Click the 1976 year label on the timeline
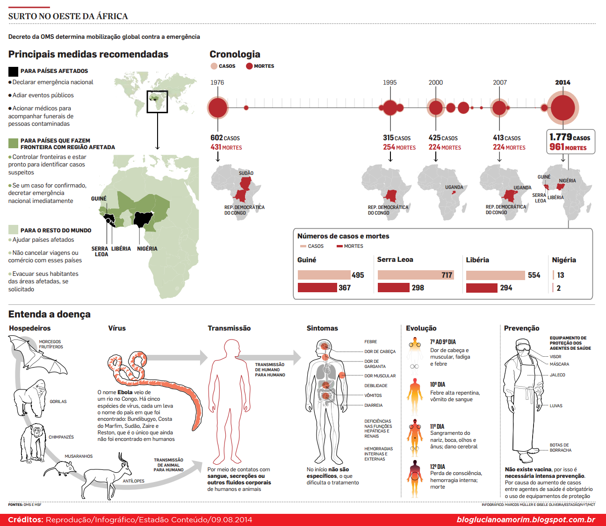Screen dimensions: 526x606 pos(217,82)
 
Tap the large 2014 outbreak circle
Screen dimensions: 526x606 pos(563,108)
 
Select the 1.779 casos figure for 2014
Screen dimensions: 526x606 pos(570,137)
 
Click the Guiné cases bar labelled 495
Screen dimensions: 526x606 pos(324,275)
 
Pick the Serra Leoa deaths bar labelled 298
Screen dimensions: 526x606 pos(393,288)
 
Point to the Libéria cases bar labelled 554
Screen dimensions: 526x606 pos(495,275)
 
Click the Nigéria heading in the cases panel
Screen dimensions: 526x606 pos(563,260)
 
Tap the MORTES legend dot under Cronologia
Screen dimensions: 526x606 pos(249,66)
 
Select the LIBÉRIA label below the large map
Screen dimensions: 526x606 pos(121,249)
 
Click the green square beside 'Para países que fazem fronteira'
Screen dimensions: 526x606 pos(13,143)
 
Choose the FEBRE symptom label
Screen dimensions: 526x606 pos(370,342)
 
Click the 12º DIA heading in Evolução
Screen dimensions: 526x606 pos(437,467)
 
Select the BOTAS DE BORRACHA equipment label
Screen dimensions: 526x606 pos(560,447)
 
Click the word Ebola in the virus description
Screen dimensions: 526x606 pos(125,392)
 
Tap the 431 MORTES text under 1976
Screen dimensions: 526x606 pos(226,147)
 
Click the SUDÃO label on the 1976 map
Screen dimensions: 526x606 pos(246,173)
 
